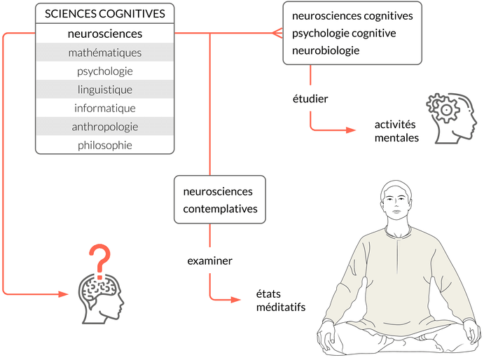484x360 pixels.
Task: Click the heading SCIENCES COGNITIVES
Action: pyautogui.click(x=104, y=13)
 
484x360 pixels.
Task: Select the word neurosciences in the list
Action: pyautogui.click(x=104, y=33)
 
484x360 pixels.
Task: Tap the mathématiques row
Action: pyautogui.click(x=104, y=53)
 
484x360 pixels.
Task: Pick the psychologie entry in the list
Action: pyautogui.click(x=104, y=71)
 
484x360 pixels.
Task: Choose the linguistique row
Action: pyautogui.click(x=104, y=90)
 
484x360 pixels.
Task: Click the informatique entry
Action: pyautogui.click(x=104, y=108)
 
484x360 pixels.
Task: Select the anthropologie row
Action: pyautogui.click(x=104, y=127)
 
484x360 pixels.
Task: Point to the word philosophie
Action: pyautogui.click(x=104, y=145)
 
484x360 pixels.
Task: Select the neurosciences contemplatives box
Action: pyautogui.click(x=220, y=200)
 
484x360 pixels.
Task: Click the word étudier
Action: pyautogui.click(x=310, y=98)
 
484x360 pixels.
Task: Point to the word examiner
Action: pyautogui.click(x=209, y=261)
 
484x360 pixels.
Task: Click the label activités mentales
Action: pyautogui.click(x=396, y=131)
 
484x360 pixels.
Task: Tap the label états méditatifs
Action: pyautogui.click(x=275, y=302)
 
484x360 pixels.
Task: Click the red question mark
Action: pyautogui.click(x=102, y=258)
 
